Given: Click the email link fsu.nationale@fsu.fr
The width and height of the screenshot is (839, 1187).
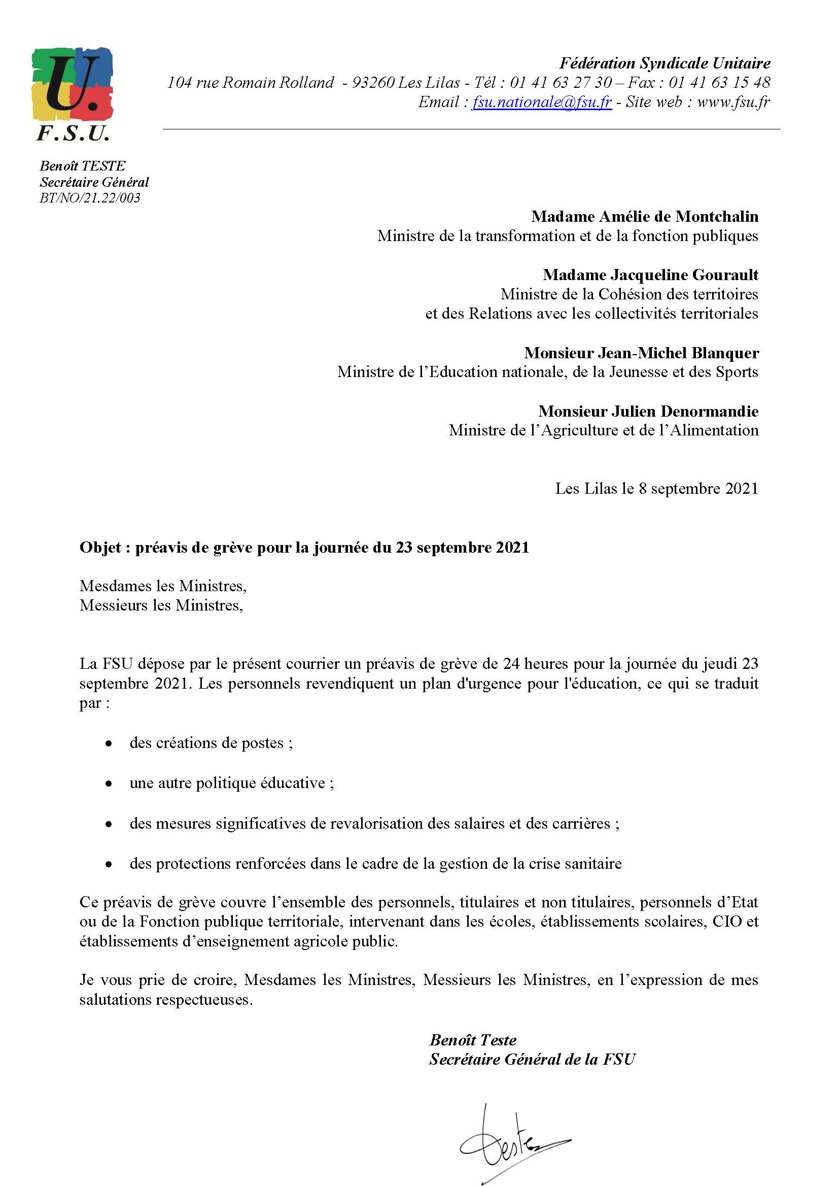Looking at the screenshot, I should point(541,103).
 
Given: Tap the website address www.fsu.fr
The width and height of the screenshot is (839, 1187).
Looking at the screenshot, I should point(733,103).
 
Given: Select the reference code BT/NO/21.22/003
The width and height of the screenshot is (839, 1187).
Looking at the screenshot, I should point(90,198).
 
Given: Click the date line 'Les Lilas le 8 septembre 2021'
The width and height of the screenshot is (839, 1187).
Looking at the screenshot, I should point(656,489).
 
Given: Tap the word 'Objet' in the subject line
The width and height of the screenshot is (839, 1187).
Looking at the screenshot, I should point(100,548).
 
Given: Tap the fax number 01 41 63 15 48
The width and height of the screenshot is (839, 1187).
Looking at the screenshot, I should point(719,83).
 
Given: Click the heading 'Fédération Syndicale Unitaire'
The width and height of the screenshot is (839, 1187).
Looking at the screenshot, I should point(665,63).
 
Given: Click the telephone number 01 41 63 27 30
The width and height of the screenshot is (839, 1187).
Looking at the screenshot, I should point(561,83).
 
